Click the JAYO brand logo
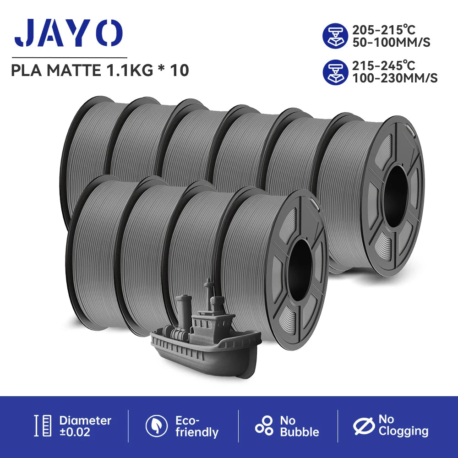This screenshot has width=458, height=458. (68, 33)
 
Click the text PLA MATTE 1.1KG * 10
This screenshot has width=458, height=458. (100, 71)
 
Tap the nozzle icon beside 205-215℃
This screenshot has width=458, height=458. (336, 37)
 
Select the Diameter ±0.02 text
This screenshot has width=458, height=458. (85, 426)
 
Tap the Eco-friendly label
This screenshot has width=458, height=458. (196, 426)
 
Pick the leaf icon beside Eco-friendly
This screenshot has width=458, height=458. (157, 426)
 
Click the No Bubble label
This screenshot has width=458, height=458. (299, 426)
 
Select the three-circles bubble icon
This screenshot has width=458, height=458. (264, 426)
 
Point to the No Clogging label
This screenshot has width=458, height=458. (403, 425)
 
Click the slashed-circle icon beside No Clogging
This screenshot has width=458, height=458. (364, 426)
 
